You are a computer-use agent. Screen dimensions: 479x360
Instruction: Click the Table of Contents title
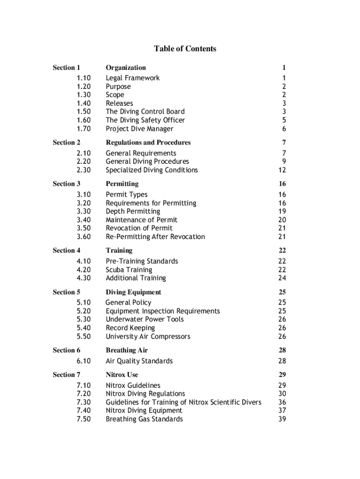click(x=185, y=49)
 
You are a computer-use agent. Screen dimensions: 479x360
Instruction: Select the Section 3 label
click(x=66, y=184)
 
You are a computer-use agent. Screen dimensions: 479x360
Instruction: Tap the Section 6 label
click(x=66, y=350)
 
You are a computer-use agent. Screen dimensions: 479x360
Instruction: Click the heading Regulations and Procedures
click(x=148, y=143)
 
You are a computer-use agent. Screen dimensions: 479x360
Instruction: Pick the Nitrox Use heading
click(x=122, y=375)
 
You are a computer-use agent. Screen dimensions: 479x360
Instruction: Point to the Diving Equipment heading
click(x=133, y=292)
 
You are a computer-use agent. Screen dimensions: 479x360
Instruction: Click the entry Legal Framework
click(x=132, y=78)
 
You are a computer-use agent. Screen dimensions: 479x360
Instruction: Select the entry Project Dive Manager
click(x=139, y=129)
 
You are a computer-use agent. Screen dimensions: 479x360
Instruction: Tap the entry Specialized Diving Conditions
click(x=151, y=170)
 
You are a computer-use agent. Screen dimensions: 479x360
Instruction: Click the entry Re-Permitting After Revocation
click(x=155, y=237)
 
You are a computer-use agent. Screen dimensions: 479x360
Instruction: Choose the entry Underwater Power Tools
click(x=144, y=319)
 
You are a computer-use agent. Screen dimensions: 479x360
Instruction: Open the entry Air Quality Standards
click(x=139, y=361)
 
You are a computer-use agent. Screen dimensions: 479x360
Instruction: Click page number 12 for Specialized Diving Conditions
click(x=281, y=170)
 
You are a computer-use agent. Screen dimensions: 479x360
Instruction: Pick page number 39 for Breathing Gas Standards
click(x=281, y=419)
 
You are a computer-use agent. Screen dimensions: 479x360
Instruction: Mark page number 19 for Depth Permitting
click(x=281, y=211)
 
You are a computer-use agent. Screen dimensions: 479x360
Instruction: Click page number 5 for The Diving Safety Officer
click(x=284, y=120)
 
